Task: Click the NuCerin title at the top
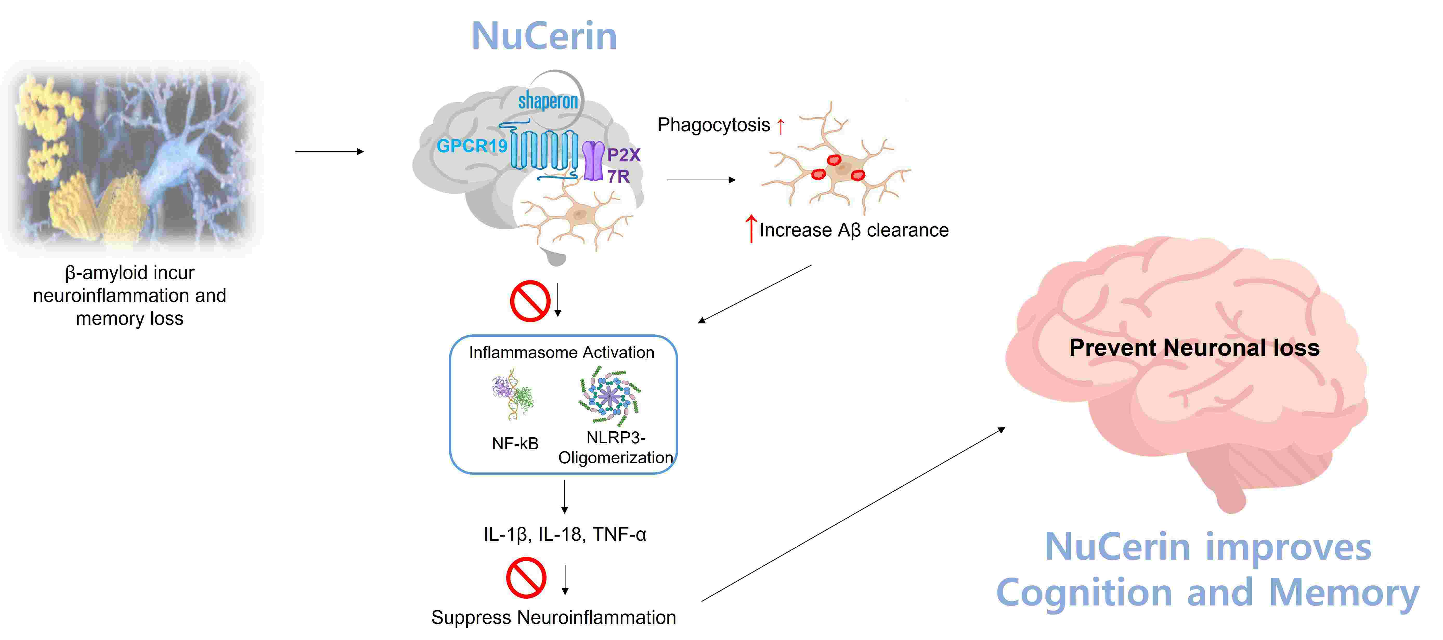[544, 36]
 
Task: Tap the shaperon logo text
[548, 101]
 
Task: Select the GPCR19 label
[472, 146]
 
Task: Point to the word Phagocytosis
[714, 125]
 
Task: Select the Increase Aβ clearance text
[853, 230]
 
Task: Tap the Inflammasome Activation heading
[561, 352]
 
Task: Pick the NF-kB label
[515, 444]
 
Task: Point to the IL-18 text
[559, 534]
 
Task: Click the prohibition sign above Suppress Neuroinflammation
[526, 577]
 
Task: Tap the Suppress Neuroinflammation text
[554, 617]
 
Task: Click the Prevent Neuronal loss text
[1194, 348]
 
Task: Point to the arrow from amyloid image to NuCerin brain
[329, 151]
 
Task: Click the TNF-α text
[620, 534]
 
